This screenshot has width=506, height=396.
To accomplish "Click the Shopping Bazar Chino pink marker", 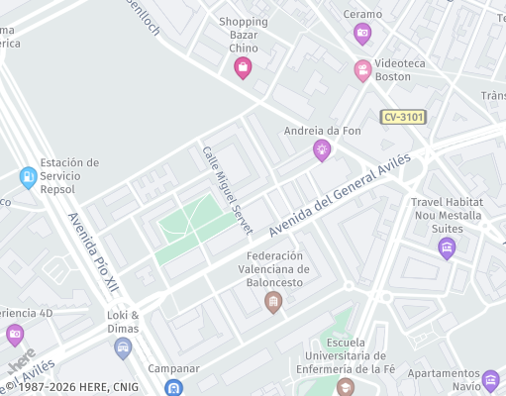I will click(x=243, y=67).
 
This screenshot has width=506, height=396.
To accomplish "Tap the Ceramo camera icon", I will click(x=362, y=35).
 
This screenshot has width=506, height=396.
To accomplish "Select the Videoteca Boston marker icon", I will click(x=362, y=71).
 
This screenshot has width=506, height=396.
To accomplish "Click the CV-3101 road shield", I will click(x=404, y=117).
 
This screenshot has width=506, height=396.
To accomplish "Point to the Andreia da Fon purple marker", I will click(x=321, y=150).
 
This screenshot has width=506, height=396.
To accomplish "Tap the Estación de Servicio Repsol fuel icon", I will click(x=28, y=178).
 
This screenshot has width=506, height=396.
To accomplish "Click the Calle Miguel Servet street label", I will click(x=228, y=190).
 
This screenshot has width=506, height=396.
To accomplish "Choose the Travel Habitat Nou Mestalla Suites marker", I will click(x=447, y=247).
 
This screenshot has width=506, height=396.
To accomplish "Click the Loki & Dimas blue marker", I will click(x=123, y=346).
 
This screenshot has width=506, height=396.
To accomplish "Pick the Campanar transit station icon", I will click(x=174, y=388).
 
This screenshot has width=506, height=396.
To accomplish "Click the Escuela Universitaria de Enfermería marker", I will click(x=345, y=386).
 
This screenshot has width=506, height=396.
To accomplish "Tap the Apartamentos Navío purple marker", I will click(x=490, y=379).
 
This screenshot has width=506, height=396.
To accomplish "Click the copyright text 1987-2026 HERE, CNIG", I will click(x=74, y=387).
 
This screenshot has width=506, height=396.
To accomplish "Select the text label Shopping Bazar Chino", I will click(x=244, y=35).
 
